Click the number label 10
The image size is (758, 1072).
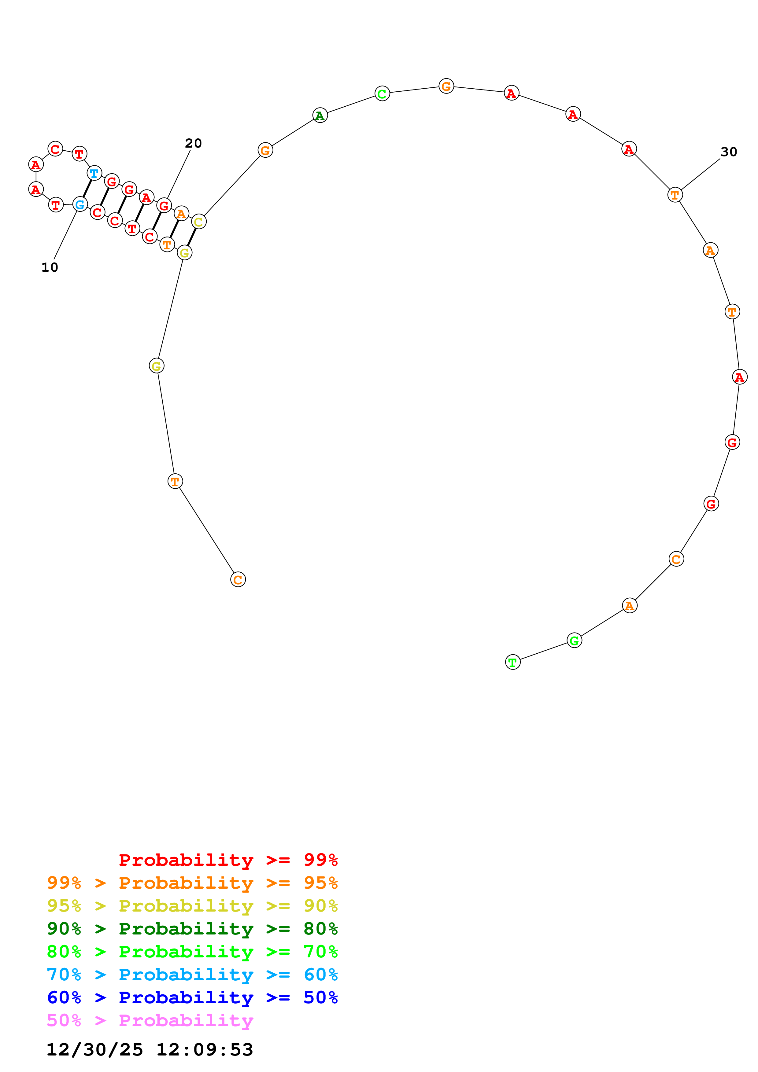(x=50, y=267)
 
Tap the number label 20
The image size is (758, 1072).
(x=193, y=143)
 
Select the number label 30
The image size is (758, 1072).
(x=729, y=152)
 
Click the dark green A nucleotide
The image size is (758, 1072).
(x=320, y=115)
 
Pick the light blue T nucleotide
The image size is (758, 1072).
(x=94, y=173)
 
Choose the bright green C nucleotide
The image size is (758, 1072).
(x=382, y=94)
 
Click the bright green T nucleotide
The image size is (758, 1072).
(x=513, y=662)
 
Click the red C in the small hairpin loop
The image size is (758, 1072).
(x=55, y=149)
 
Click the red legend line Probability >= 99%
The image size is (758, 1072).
(x=228, y=860)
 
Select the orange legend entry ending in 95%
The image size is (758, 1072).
(x=192, y=883)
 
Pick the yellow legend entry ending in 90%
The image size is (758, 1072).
(x=192, y=905)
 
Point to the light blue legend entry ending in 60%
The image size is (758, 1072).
(x=192, y=975)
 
